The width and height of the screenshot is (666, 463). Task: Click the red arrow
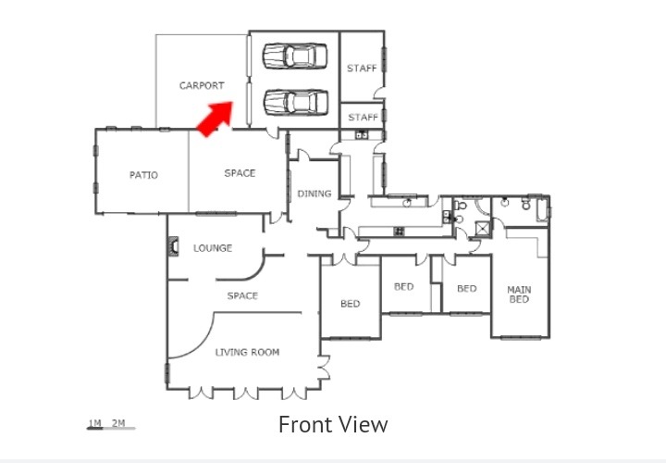click(216, 119)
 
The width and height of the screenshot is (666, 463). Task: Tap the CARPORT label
click(202, 86)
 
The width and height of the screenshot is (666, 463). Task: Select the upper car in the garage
click(295, 56)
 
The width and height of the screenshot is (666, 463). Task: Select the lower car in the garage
click(296, 103)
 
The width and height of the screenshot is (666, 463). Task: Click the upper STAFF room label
click(362, 68)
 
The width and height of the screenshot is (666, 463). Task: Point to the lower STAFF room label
click(364, 117)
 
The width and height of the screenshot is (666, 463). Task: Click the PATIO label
click(143, 175)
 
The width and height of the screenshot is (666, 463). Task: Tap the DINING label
click(314, 194)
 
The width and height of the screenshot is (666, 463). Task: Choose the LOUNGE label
click(213, 248)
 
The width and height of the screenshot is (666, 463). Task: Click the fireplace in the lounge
click(173, 246)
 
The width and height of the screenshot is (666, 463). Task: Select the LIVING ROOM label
click(247, 352)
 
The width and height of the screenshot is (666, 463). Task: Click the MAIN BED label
click(519, 294)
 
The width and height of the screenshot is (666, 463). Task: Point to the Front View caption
click(333, 424)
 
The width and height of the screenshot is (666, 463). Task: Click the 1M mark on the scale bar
click(94, 423)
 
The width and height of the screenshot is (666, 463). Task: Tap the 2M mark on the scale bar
click(118, 423)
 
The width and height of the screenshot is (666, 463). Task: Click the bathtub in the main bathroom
click(542, 209)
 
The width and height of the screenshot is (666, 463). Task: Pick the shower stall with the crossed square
click(483, 229)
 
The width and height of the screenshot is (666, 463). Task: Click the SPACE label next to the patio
click(240, 173)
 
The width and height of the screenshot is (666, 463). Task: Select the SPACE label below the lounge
click(242, 295)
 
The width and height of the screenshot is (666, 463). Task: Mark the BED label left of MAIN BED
click(467, 288)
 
